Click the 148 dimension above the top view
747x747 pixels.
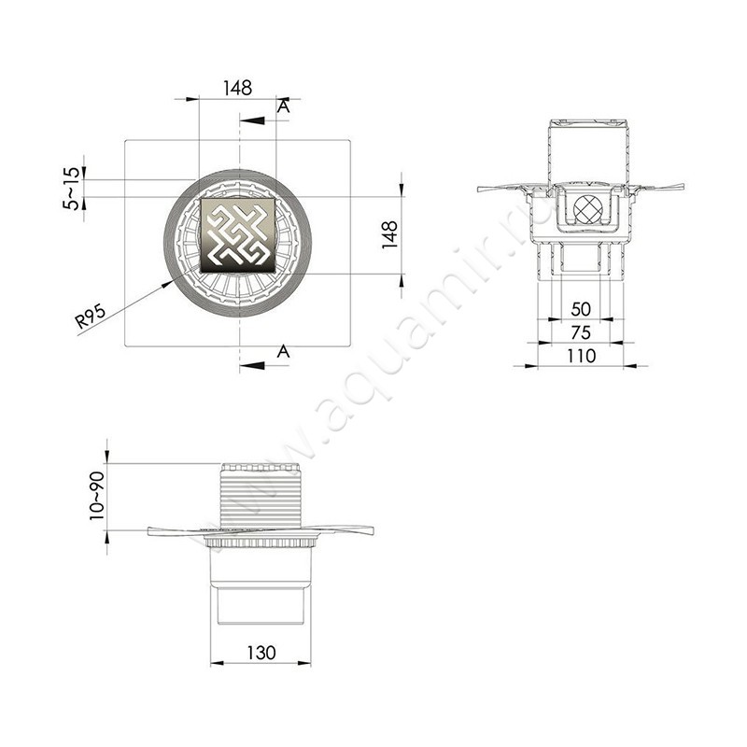click(238, 88)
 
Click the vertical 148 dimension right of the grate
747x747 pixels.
click(390, 234)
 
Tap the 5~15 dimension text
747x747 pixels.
click(71, 188)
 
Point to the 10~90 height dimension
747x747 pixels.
click(96, 496)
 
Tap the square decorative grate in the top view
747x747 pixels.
click(238, 234)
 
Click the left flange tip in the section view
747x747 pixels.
click(482, 189)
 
